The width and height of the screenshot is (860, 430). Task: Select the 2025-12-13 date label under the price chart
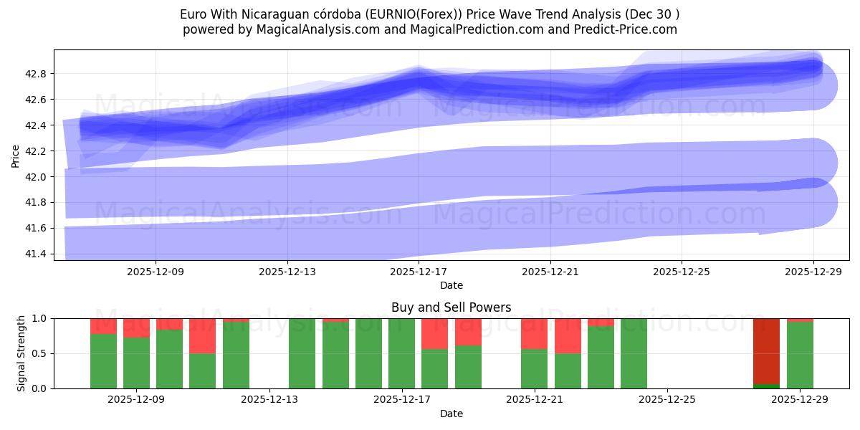[287, 272]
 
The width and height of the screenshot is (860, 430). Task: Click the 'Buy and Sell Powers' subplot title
[451, 307]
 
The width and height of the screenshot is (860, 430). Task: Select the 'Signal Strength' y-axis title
[21, 353]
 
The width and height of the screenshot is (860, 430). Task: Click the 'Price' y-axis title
[16, 155]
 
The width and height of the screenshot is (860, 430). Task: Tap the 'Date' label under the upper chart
[451, 285]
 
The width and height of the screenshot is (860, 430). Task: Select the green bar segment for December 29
[800, 355]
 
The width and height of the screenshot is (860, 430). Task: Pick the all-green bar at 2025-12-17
[401, 353]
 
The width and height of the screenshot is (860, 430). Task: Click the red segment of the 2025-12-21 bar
[534, 333]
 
